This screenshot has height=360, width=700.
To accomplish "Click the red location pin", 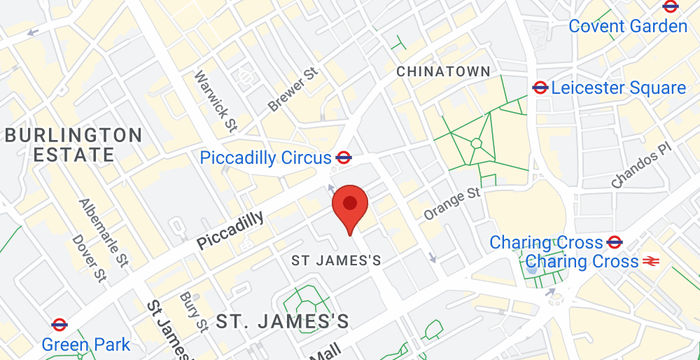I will coord(349,206).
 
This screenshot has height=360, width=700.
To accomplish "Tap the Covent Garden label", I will coord(629,26).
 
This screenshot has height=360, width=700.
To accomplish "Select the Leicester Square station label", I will coord(618,88).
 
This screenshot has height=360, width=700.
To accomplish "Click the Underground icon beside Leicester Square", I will coord(541,88).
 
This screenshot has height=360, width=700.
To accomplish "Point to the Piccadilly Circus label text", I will coord(265,157).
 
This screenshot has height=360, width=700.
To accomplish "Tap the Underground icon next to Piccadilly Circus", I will coord(343,157).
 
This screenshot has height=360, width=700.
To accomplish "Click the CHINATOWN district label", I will coord(443,72).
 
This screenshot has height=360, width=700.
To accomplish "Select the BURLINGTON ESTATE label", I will coord(73,144).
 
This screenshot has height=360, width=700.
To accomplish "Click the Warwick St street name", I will coord(215,101).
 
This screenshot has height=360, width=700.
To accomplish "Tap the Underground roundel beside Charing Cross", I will coord(614,242).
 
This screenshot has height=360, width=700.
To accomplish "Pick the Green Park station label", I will coord(85,345).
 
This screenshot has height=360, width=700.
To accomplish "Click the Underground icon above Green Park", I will coord(58,324).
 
